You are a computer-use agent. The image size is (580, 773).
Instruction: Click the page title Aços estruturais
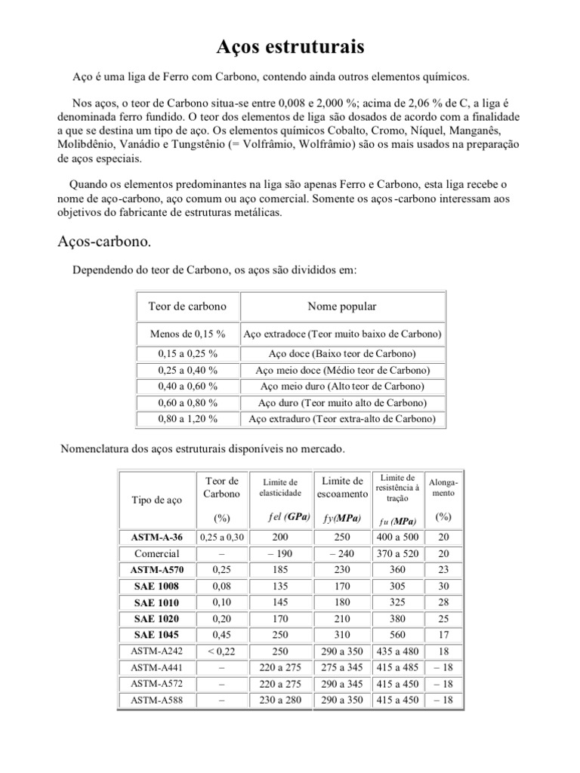(290, 48)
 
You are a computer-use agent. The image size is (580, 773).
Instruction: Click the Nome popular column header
(341, 306)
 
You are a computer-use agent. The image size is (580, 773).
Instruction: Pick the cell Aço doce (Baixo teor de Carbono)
(341, 353)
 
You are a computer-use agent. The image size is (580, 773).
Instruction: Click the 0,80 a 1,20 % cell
(187, 419)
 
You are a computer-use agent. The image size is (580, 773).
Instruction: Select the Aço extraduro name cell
(341, 419)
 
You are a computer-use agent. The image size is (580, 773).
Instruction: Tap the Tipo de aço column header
(156, 500)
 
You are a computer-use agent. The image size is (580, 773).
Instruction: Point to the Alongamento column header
(443, 487)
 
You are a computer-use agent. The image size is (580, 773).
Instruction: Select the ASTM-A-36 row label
(156, 537)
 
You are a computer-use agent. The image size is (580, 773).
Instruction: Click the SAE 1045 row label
(156, 634)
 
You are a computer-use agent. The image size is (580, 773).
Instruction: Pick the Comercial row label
(156, 553)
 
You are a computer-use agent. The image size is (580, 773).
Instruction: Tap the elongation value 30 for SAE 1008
(443, 586)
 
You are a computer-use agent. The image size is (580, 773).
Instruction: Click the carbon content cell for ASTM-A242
(221, 651)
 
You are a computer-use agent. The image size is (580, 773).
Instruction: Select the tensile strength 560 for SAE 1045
(397, 634)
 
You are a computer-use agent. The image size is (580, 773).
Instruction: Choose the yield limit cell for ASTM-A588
(341, 699)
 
